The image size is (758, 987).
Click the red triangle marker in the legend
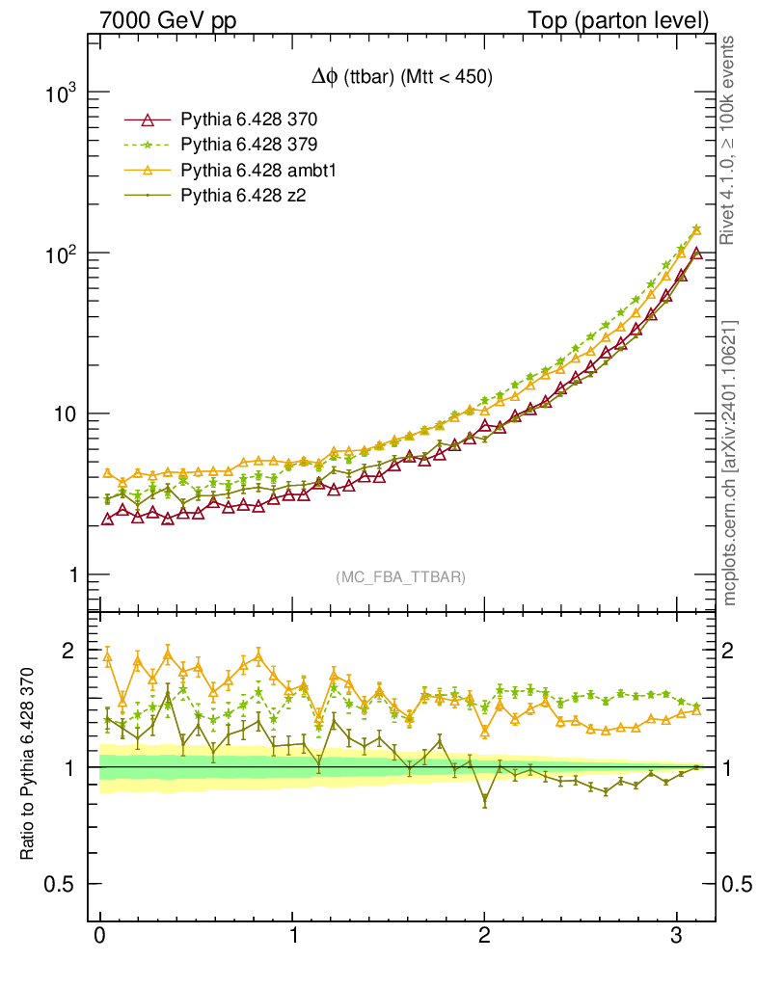tap(148, 120)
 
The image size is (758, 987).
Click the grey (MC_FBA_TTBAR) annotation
tap(400, 577)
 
